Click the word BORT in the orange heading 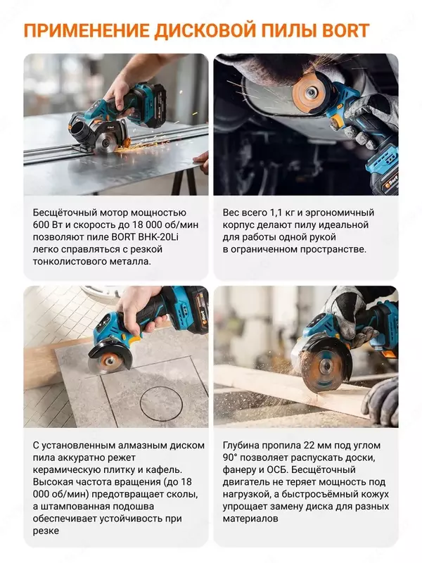[345, 30]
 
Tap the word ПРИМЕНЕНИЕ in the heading [87, 30]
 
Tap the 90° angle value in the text [230, 458]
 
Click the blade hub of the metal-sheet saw [105, 144]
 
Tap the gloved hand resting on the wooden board [381, 401]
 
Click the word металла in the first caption [132, 261]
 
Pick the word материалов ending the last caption [250, 519]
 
